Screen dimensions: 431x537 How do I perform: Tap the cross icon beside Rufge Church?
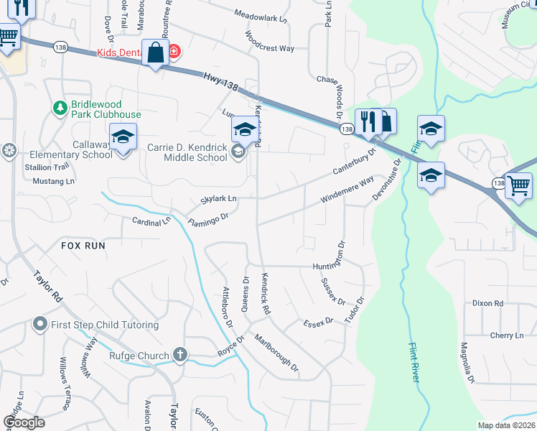(x=179, y=355)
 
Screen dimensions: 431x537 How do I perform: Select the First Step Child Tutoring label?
(x=105, y=325)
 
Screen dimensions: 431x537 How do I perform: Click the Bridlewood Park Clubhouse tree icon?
(x=60, y=108)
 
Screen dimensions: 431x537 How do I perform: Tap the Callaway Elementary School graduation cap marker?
(x=123, y=135)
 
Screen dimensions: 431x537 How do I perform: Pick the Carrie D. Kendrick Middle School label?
(x=187, y=152)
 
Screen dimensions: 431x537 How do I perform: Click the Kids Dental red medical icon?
(x=174, y=52)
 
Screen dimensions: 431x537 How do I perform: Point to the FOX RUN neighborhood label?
(x=83, y=246)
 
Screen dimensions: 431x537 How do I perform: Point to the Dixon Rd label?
(x=487, y=304)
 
